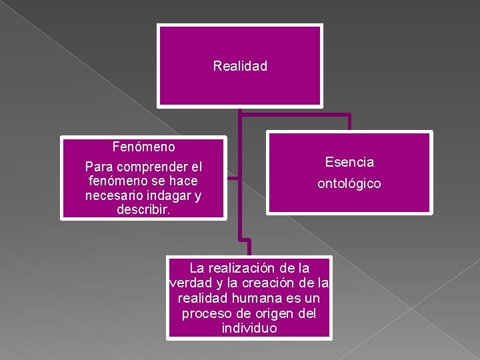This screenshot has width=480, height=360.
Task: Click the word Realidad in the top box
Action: click(240, 66)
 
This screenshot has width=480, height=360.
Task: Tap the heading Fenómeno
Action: click(144, 146)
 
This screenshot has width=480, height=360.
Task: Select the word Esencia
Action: click(349, 162)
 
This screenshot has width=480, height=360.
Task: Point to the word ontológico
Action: click(349, 183)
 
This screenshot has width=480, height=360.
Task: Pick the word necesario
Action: click(115, 195)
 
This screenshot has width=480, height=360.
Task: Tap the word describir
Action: click(143, 209)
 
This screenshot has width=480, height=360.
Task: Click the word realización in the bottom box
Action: click(241, 268)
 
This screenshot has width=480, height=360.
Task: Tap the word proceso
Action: click(205, 313)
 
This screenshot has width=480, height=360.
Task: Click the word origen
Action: click(271, 313)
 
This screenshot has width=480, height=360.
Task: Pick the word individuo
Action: click(249, 329)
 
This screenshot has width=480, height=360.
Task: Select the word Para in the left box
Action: click(99, 167)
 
